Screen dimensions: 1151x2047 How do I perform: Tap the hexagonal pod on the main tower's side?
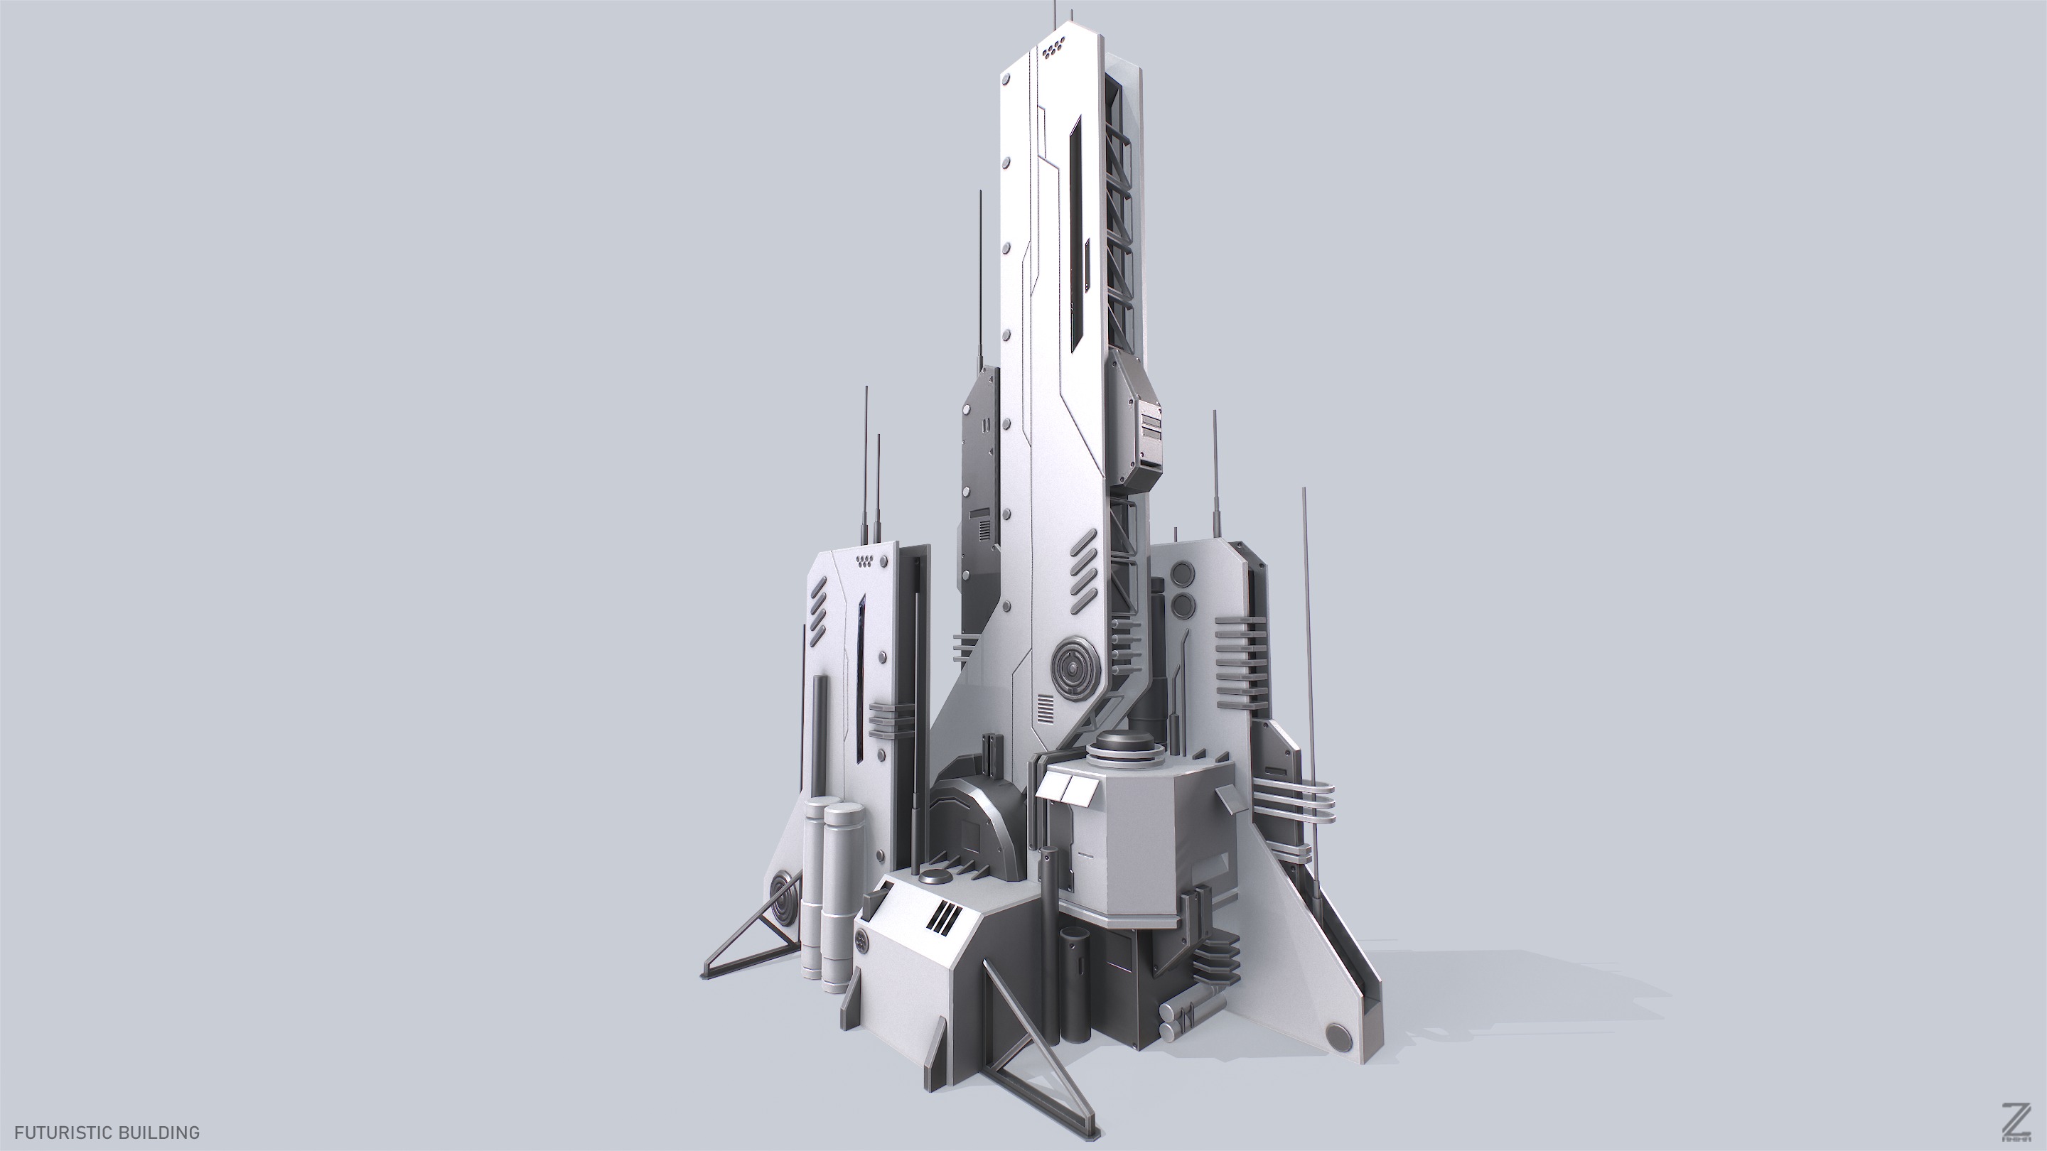[1139, 421]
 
